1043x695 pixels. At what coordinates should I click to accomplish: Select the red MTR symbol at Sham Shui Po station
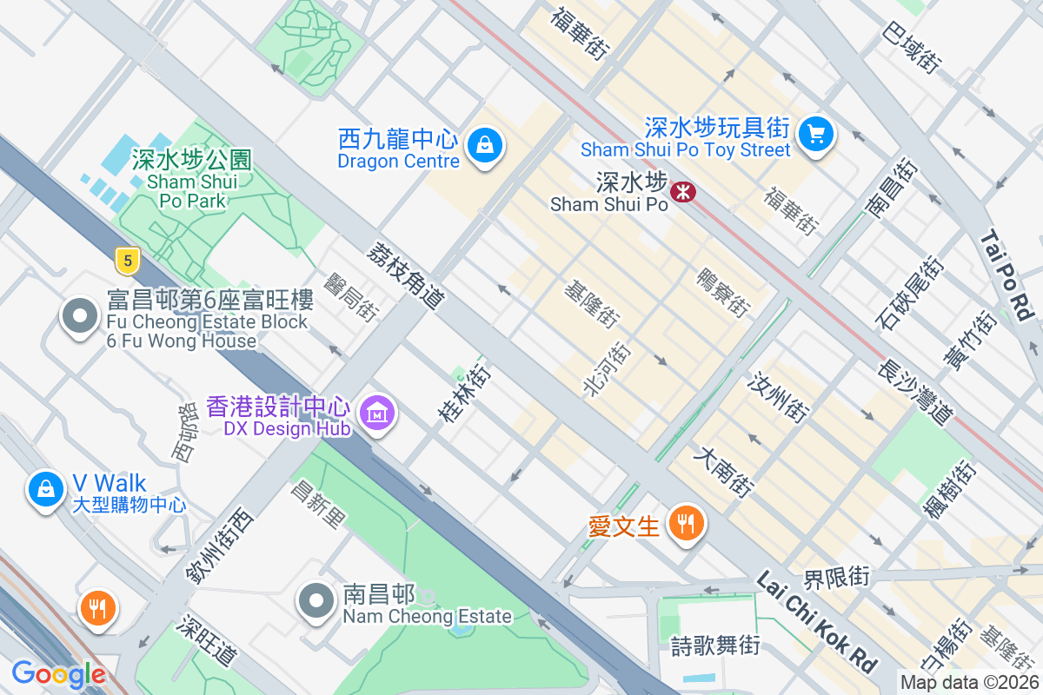[x=684, y=191]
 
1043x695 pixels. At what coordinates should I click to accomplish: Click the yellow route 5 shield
[x=127, y=259]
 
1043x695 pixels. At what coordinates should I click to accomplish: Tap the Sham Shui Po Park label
[x=192, y=180]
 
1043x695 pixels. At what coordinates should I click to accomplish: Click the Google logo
[x=58, y=674]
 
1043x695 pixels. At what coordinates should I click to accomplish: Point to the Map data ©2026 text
[x=968, y=683]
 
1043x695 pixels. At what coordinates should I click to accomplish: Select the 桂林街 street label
[x=464, y=393]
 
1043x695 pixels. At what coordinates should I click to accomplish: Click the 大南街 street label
[x=723, y=472]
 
